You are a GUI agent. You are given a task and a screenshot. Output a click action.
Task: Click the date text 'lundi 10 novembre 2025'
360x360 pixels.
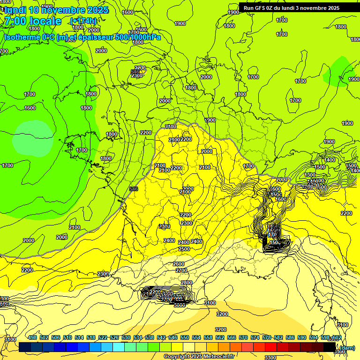tap(56, 10)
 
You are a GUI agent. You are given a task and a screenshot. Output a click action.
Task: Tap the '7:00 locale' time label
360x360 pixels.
tap(32, 21)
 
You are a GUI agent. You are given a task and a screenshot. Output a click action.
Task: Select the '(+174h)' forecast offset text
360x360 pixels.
tap(83, 21)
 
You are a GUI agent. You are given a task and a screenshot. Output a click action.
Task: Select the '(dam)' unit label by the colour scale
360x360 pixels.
tap(347, 348)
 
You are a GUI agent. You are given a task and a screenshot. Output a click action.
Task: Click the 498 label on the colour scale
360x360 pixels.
tap(32, 338)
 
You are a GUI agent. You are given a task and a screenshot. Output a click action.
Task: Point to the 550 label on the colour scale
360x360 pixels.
tap(185, 338)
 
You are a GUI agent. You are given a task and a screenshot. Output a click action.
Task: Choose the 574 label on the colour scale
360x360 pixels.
tap(255, 338)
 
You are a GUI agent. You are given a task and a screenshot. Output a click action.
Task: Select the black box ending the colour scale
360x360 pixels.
tap(330, 347)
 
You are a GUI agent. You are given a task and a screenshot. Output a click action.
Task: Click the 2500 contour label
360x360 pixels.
tap(184, 249)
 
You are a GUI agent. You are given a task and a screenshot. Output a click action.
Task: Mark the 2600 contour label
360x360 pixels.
tap(179, 264)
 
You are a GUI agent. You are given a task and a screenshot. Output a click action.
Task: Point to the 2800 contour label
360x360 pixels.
tap(187, 283)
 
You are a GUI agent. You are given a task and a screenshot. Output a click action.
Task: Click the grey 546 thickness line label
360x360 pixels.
tap(134, 189)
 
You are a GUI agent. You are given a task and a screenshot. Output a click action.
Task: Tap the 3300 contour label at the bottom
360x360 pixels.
tap(270, 358)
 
